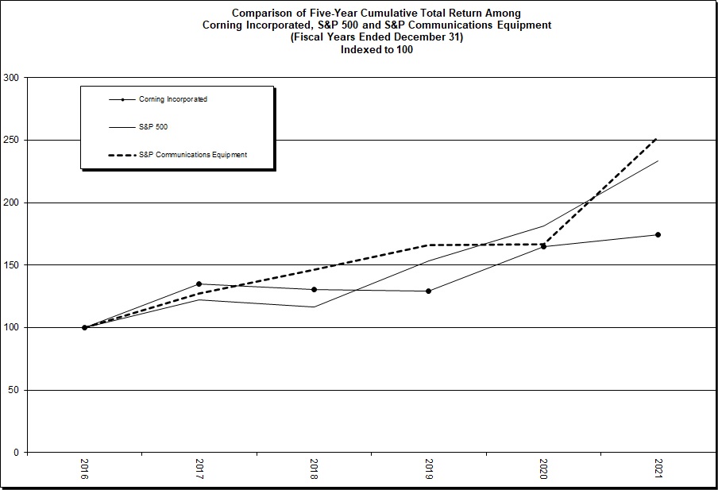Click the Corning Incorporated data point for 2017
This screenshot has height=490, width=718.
pyautogui.click(x=199, y=284)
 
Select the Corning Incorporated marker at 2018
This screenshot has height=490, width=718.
pyautogui.click(x=315, y=290)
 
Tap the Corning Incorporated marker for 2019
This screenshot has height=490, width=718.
pyautogui.click(x=429, y=291)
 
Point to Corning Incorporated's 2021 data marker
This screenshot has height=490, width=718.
pyautogui.click(x=658, y=235)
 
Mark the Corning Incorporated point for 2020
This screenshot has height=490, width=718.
pyautogui.click(x=543, y=247)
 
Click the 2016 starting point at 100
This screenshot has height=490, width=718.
pyautogui.click(x=84, y=327)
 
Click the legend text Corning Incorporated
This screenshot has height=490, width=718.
pyautogui.click(x=173, y=99)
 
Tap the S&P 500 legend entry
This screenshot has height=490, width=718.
pyautogui.click(x=153, y=127)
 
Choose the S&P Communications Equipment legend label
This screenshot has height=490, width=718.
pyautogui.click(x=193, y=155)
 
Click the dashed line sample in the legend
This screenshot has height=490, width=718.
pyautogui.click(x=121, y=155)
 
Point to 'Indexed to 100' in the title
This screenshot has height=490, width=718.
pyautogui.click(x=376, y=49)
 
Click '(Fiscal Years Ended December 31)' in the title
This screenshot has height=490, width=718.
pyautogui.click(x=376, y=37)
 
